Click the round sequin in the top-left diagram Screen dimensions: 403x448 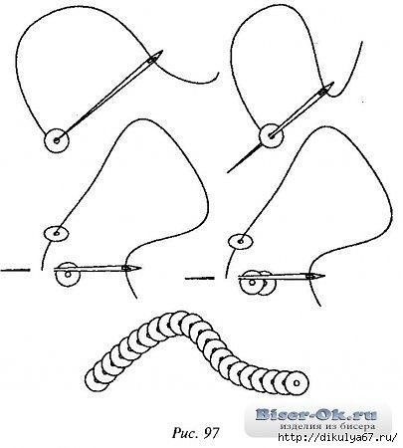57,140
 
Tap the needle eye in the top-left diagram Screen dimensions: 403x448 152,60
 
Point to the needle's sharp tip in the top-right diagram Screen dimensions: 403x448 228,172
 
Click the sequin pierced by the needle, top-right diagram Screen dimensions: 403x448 272,135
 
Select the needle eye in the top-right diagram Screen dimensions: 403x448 322,92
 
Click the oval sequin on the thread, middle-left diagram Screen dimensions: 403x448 57,233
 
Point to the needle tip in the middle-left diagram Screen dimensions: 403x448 140,268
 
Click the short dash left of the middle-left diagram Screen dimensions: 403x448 15,270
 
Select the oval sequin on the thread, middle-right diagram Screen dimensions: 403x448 240,241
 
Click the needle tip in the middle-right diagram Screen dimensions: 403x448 323,275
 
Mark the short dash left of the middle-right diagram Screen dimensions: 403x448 200,278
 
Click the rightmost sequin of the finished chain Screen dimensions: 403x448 297,383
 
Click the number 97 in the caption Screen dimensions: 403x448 212,432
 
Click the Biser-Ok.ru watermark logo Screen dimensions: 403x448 316,414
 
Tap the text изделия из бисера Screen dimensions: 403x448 327,426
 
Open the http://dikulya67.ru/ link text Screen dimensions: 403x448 337,437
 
